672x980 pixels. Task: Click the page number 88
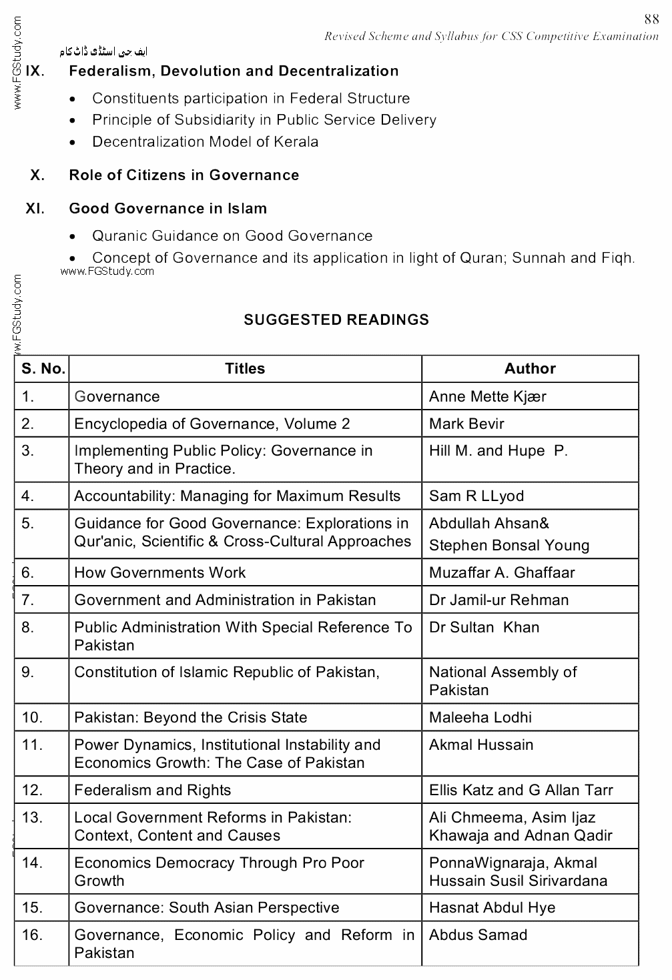pyautogui.click(x=651, y=20)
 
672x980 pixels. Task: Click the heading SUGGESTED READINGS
pyautogui.click(x=336, y=320)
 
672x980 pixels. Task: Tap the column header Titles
pyautogui.click(x=245, y=369)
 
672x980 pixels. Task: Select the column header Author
pyautogui.click(x=530, y=369)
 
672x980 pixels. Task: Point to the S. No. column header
pyautogui.click(x=43, y=369)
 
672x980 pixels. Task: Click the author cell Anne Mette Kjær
pyautogui.click(x=487, y=397)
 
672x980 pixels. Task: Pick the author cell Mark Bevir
pyautogui.click(x=466, y=424)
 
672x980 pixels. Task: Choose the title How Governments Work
pyautogui.click(x=160, y=573)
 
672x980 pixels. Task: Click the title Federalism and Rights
pyautogui.click(x=153, y=791)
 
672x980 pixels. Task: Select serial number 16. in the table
pyautogui.click(x=32, y=935)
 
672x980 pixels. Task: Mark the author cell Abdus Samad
pyautogui.click(x=478, y=935)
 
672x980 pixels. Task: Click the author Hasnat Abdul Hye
pyautogui.click(x=492, y=908)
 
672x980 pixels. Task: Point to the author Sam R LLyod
pyautogui.click(x=476, y=496)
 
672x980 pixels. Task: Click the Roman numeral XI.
pyautogui.click(x=35, y=209)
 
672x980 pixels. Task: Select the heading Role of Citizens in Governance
pyautogui.click(x=184, y=175)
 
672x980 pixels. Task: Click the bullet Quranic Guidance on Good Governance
pyautogui.click(x=232, y=236)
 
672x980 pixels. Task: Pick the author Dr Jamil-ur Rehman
pyautogui.click(x=498, y=600)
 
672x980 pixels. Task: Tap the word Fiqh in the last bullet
pyautogui.click(x=617, y=258)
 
